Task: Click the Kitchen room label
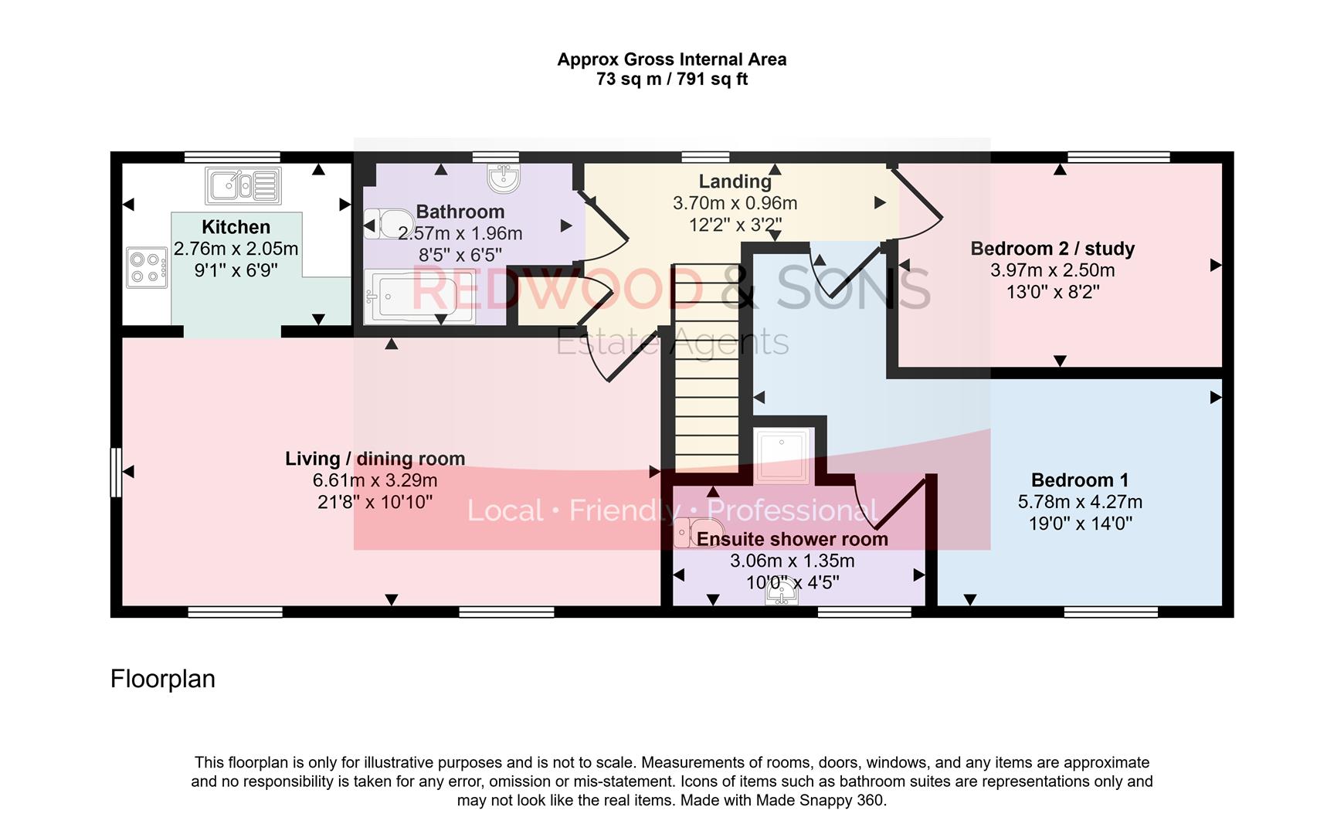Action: pyautogui.click(x=236, y=227)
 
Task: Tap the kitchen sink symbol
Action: pyautogui.click(x=243, y=185)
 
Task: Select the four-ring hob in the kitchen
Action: pyautogui.click(x=147, y=267)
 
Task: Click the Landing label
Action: pyautogui.click(x=735, y=181)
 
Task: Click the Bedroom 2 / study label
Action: pyautogui.click(x=1052, y=249)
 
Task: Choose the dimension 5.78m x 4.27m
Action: pyautogui.click(x=1079, y=502)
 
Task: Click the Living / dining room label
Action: pyautogui.click(x=375, y=459)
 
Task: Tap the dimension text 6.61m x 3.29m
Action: pyautogui.click(x=375, y=480)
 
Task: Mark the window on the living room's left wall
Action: pyautogui.click(x=116, y=472)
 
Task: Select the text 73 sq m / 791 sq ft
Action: pyautogui.click(x=671, y=79)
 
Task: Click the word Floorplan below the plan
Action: pyautogui.click(x=163, y=679)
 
